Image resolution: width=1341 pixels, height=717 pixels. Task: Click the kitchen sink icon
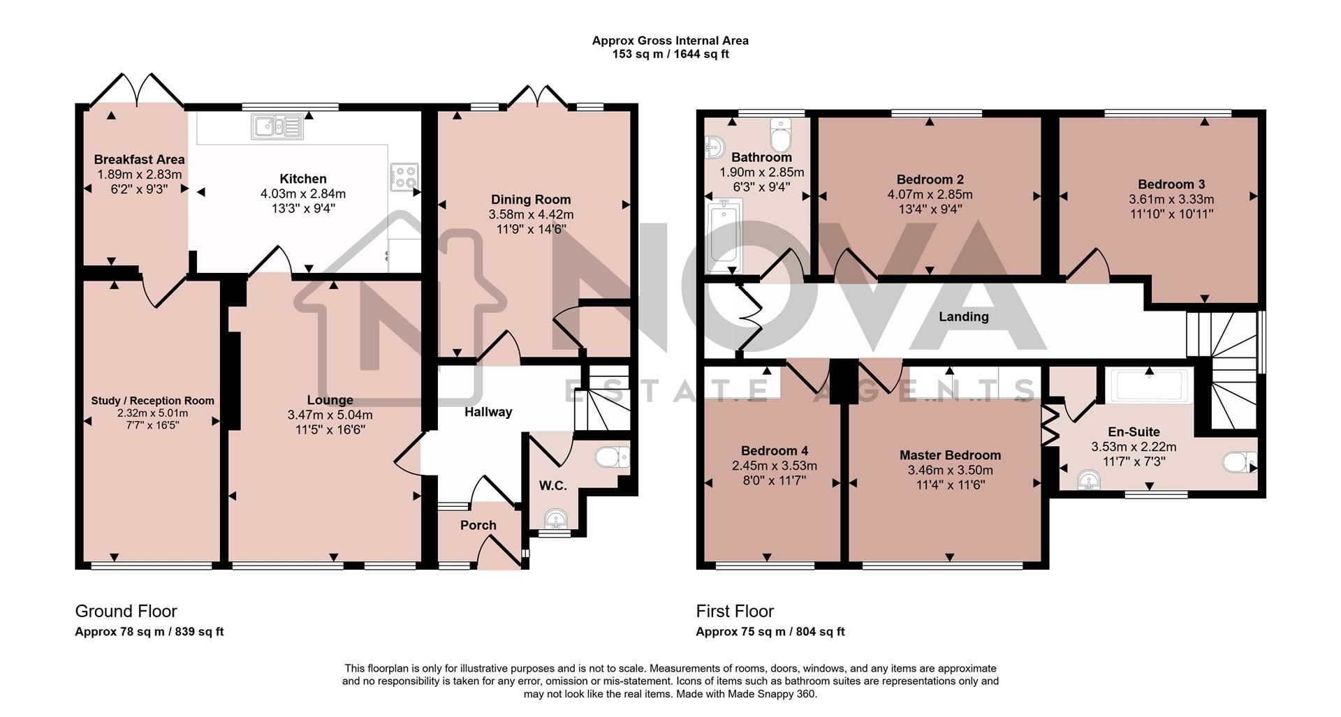[x=277, y=126]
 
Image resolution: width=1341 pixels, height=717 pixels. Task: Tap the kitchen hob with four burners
[x=404, y=176]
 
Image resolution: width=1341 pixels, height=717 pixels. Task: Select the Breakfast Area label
[x=139, y=160]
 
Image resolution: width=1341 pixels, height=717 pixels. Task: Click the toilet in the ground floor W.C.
[x=612, y=458]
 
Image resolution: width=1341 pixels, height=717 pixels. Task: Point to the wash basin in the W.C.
[x=557, y=519]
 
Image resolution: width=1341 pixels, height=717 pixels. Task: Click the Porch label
[x=478, y=525]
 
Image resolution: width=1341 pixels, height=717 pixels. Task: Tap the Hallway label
[x=488, y=412]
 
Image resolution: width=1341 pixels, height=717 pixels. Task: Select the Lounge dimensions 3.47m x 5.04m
[x=330, y=415]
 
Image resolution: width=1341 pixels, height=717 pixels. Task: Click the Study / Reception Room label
[x=152, y=401]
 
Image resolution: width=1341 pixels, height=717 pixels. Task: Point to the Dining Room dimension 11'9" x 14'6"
[x=531, y=229]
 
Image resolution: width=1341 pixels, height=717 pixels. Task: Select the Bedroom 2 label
[x=930, y=179]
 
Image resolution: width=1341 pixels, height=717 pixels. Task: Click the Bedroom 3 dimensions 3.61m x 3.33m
[x=1171, y=199]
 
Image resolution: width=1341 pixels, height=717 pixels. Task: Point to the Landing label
[x=963, y=316]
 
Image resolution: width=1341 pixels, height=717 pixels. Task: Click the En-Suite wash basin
[x=1087, y=480]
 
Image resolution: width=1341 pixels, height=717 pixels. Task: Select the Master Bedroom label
[x=949, y=455]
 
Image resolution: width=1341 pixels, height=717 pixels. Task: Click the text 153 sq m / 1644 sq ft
[x=670, y=54]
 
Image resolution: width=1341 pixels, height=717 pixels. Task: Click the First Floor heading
[x=735, y=612]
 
